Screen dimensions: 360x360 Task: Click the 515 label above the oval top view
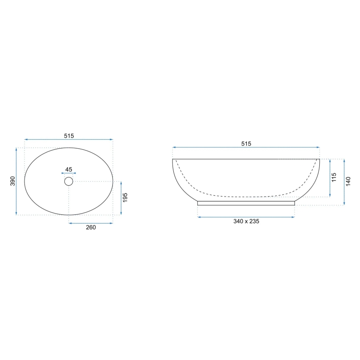coord(68,136)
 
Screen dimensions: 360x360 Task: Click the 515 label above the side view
coord(246,144)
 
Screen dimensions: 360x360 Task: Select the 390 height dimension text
coord(12,181)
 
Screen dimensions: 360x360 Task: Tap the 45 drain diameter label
coord(68,169)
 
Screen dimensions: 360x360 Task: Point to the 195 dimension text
coord(125,198)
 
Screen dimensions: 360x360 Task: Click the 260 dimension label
coord(91,227)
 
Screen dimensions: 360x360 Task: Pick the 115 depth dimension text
coord(334,178)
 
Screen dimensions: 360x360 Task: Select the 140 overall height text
coord(348,182)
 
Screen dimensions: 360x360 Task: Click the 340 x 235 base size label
coord(246,221)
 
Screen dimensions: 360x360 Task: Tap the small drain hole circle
coord(68,181)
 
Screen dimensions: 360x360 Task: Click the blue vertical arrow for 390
coord(17,181)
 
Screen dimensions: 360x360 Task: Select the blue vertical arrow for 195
coord(121,198)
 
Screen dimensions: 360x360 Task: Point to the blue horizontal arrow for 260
coord(91,223)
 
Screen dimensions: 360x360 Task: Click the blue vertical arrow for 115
coord(330,178)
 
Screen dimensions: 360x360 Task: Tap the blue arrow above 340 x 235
coord(246,216)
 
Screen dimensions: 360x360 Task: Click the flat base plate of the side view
coord(246,203)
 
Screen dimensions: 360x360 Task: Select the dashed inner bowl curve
coord(246,196)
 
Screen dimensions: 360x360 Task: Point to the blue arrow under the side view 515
coord(246,147)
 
